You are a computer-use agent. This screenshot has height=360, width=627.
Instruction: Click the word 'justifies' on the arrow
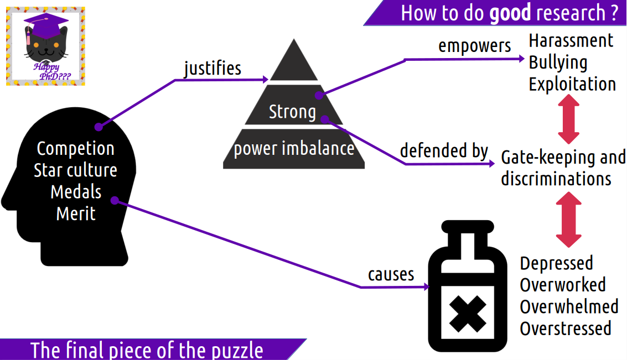point(213,68)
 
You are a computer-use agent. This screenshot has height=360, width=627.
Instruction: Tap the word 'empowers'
point(474,45)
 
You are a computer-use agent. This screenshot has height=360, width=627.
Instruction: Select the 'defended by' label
point(444,150)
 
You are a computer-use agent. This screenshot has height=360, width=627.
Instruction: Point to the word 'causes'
point(391,274)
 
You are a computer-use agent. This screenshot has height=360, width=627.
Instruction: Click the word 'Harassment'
point(571,40)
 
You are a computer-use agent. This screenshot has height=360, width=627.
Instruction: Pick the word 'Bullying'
point(558,62)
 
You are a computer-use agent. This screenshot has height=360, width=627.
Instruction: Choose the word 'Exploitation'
point(572,84)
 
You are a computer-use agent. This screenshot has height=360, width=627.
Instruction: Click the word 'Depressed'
point(556,263)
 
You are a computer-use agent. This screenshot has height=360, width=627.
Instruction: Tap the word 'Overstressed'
point(566,328)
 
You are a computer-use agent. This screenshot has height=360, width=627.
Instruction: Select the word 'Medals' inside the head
point(76,192)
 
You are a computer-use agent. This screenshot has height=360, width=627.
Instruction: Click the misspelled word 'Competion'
point(75,148)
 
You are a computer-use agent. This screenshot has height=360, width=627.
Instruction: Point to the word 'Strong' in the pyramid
point(292,112)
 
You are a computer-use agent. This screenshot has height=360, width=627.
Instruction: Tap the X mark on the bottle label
point(467,313)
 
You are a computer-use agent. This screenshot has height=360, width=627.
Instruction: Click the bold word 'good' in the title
point(510,12)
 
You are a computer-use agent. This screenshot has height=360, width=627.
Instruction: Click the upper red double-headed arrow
point(568,119)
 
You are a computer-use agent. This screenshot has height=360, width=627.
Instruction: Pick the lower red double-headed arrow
point(568,220)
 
